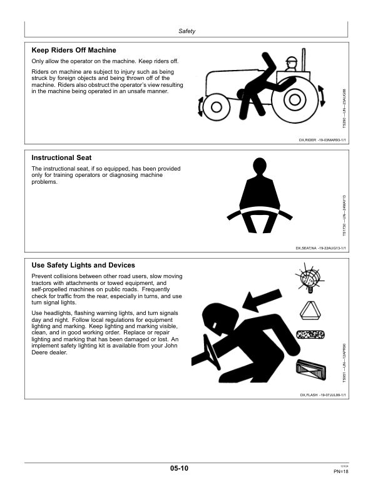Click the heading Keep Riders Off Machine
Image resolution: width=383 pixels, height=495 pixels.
point(74,50)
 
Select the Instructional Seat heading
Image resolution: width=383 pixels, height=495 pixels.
point(61,157)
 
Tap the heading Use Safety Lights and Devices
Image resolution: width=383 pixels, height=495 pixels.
point(83,265)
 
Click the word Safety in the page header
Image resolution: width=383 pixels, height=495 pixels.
point(186,31)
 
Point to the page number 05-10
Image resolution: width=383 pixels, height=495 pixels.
point(179,468)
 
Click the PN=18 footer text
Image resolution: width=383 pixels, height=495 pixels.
point(340,472)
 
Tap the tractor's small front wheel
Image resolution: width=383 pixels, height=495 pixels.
point(216,107)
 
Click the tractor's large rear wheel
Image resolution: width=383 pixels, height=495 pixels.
point(295,100)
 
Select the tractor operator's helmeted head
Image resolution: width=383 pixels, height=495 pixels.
point(291,64)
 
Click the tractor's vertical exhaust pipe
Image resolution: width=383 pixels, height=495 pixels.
point(304,59)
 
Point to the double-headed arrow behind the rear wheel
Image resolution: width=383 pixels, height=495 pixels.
point(322,96)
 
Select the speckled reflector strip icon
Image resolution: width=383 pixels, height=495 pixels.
point(310,334)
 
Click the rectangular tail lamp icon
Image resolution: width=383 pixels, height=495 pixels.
point(311,369)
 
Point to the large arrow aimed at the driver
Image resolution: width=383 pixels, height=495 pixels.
point(262,299)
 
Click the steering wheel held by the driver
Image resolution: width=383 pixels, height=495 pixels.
point(211,351)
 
